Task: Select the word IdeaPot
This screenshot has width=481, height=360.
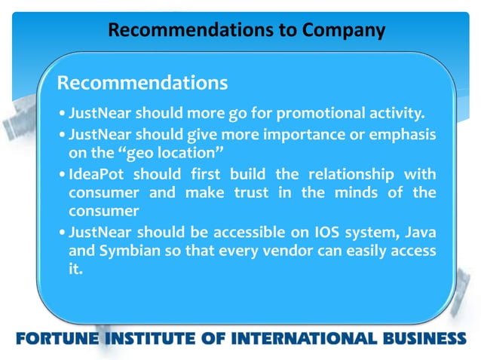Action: tap(97, 173)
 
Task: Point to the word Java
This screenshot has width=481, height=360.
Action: tap(418, 231)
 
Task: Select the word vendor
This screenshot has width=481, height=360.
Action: tap(281, 251)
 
